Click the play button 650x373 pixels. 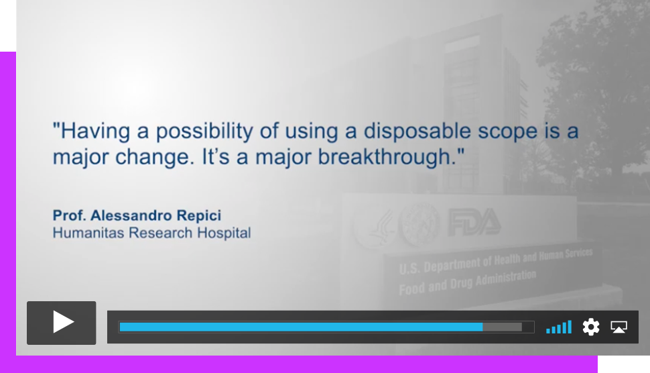[62, 323]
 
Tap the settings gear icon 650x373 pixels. [591, 327]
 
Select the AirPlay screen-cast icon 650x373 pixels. [619, 327]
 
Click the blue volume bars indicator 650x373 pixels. [559, 327]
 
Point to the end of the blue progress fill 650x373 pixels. [482, 327]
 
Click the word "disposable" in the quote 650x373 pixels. [417, 131]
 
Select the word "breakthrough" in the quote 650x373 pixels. [384, 157]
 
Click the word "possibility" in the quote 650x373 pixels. [204, 131]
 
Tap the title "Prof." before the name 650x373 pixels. [69, 215]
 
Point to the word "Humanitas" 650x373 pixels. [88, 233]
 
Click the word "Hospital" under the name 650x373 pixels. [224, 233]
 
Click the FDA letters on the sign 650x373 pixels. [474, 222]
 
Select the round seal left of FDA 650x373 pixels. [419, 224]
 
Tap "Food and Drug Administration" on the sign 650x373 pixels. [467, 282]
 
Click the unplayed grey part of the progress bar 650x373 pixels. [502, 327]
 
